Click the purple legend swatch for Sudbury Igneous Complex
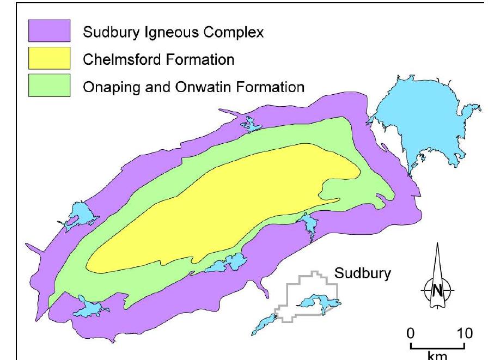tap(50, 31)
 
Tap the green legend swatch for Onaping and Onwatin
tap(50, 86)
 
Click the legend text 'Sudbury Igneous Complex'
tap(173, 32)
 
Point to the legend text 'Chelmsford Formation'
tap(158, 59)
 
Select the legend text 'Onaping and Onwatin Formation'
tap(193, 87)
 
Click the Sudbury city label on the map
tap(362, 273)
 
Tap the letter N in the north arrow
tap(437, 290)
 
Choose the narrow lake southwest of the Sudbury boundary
tap(265, 324)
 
